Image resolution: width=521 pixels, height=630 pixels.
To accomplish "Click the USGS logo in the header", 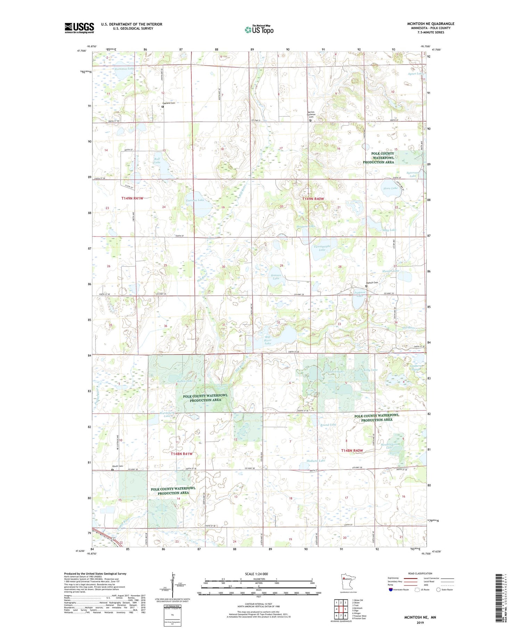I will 79,28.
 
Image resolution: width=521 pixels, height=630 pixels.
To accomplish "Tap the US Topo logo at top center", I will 259,30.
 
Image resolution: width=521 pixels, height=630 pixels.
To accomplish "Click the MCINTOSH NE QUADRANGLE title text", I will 430,24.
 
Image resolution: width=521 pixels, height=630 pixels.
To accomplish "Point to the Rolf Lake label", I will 157,160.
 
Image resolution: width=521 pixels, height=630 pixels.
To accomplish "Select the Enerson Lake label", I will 195,200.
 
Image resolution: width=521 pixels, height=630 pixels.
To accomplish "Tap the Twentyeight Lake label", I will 322,248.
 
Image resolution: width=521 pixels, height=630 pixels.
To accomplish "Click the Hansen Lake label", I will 276,277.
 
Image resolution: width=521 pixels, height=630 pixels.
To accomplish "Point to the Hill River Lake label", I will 267,340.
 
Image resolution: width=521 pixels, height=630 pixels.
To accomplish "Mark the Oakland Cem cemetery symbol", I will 163,107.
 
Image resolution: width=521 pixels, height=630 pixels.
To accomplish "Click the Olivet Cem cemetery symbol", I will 112,470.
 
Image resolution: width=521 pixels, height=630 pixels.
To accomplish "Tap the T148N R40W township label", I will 352,450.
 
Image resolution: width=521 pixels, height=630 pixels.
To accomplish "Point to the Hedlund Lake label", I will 316,460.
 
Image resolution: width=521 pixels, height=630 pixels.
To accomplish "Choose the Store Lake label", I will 390,188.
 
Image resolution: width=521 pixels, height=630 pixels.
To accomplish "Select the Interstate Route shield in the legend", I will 391,590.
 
